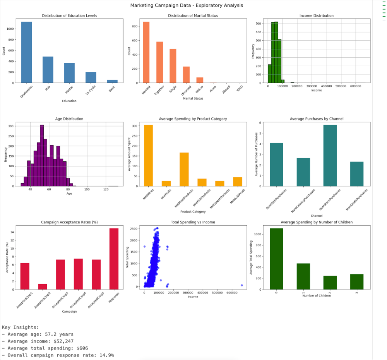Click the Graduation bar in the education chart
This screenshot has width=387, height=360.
[27, 52]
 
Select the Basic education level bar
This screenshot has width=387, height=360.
[112, 81]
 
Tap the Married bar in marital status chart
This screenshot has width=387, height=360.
[146, 52]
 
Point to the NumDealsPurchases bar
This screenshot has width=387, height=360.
[356, 174]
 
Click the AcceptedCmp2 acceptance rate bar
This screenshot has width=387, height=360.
[43, 287]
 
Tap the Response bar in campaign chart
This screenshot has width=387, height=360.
[114, 259]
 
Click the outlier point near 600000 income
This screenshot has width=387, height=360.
[241, 285]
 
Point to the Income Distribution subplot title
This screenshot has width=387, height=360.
[316, 16]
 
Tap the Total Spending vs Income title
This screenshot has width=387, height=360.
[193, 222]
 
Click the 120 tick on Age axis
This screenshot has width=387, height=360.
[106, 190]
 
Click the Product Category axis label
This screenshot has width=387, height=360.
[193, 212]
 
